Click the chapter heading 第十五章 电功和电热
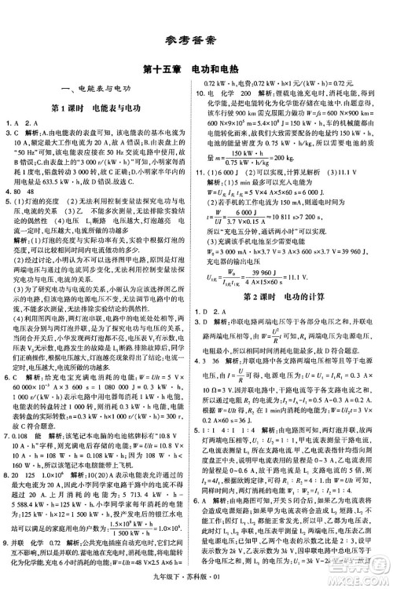(x=196, y=68)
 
